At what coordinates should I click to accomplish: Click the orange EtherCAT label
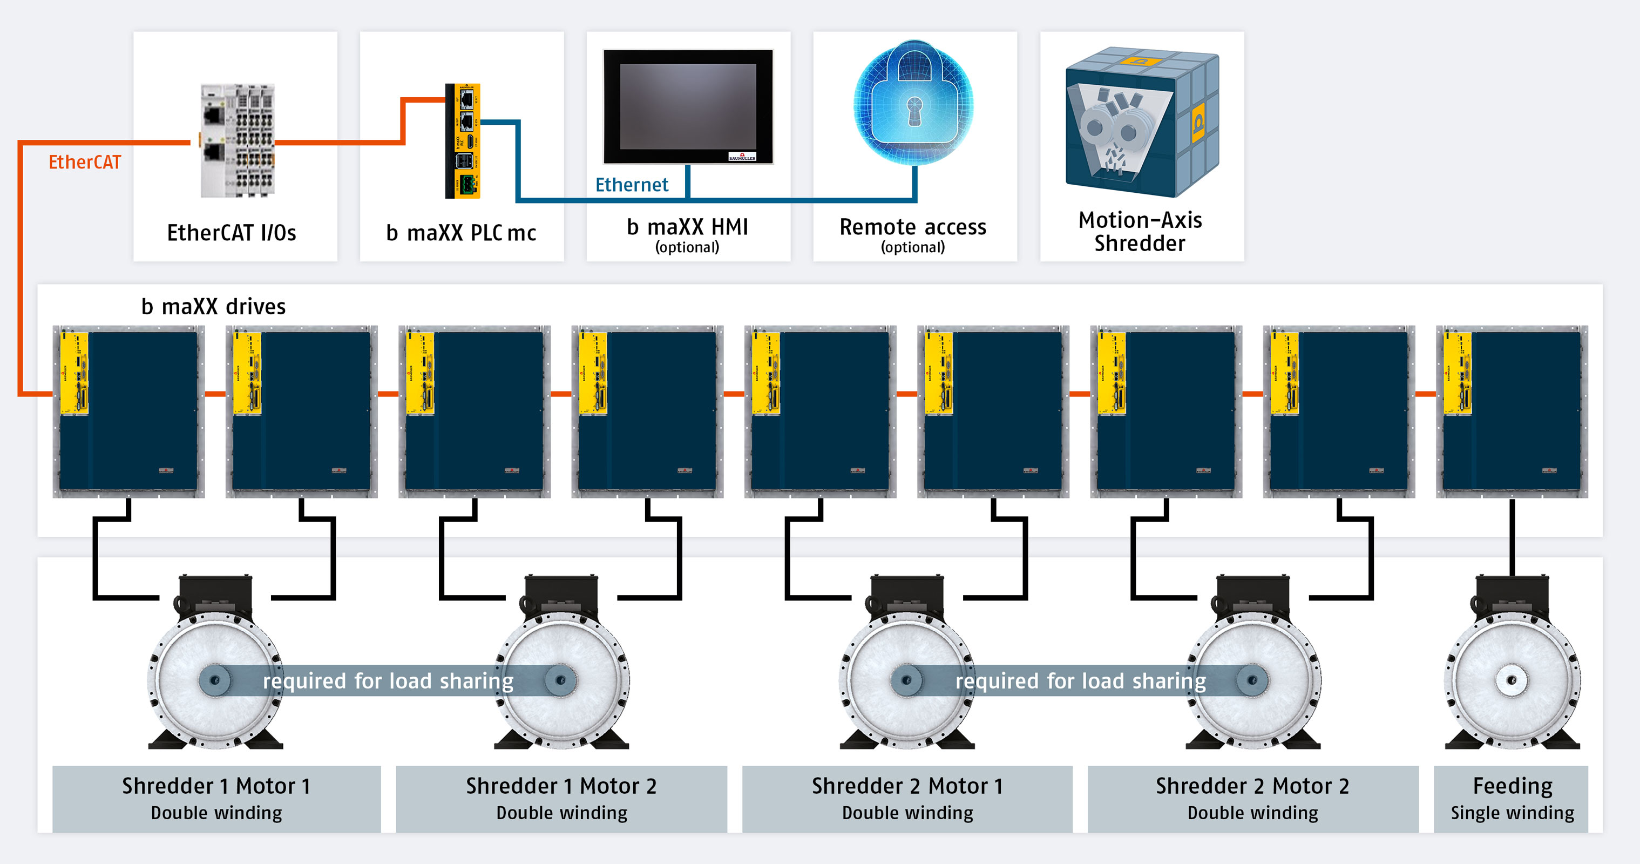85,163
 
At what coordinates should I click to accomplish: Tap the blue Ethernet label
632,185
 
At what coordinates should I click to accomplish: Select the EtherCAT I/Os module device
238,140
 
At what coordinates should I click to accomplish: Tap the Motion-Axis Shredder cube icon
1142,121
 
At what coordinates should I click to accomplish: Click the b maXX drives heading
213,307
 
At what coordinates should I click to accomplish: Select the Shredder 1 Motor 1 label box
216,799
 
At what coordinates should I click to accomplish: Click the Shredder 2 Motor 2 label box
1252,799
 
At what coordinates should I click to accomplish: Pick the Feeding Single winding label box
1512,799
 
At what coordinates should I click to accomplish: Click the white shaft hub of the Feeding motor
1512,680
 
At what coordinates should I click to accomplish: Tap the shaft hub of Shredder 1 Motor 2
561,680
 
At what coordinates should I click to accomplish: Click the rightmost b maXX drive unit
1512,411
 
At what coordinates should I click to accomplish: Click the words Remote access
912,227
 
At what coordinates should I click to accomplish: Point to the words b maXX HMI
688,227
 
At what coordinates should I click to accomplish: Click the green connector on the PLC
468,185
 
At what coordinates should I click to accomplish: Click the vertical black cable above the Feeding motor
1512,538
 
